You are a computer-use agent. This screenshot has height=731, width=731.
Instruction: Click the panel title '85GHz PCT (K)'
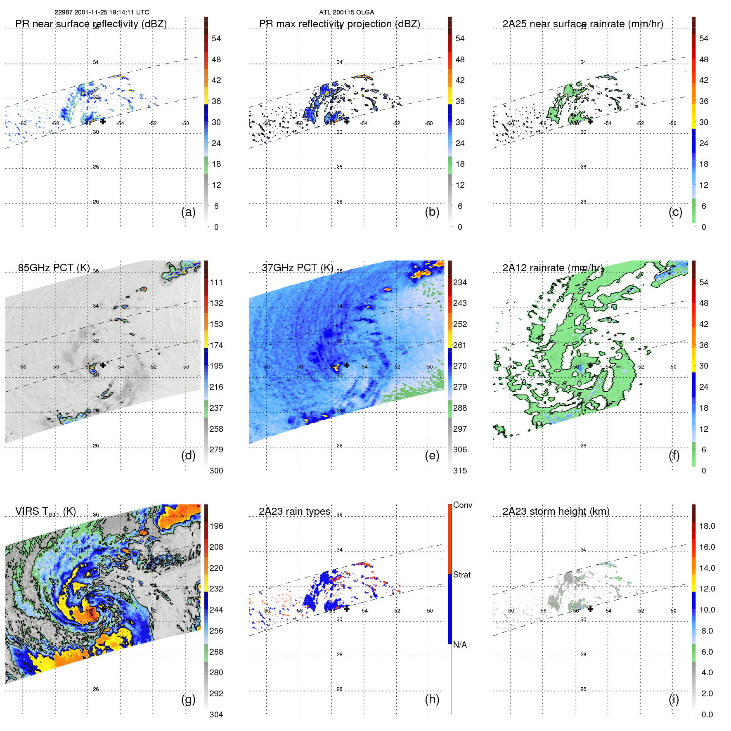[54, 268]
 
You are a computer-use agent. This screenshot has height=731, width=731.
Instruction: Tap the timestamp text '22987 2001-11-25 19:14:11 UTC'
[102, 12]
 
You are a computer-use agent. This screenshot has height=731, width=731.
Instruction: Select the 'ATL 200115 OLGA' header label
[346, 12]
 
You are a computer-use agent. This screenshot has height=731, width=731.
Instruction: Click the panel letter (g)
[188, 699]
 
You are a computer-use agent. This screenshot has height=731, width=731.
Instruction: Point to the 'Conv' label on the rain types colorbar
[462, 505]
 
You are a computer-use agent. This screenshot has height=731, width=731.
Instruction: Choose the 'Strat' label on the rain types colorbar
[461, 575]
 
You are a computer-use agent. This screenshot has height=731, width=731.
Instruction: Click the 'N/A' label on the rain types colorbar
[460, 645]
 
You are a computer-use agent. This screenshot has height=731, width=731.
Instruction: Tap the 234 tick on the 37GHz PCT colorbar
[460, 283]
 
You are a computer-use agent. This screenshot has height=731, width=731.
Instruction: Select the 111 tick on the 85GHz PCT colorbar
[216, 283]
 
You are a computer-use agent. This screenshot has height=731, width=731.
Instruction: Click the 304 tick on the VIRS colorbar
[216, 714]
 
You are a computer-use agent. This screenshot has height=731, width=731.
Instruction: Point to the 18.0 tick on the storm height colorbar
[707, 526]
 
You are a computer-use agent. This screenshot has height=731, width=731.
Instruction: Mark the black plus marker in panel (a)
[103, 121]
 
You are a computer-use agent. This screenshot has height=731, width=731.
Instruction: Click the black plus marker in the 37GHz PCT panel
[347, 365]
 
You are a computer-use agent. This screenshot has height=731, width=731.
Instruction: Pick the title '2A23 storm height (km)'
[556, 511]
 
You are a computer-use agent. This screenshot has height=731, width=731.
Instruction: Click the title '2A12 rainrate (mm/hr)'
[552, 268]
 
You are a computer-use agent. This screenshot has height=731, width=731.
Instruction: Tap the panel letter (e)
[432, 456]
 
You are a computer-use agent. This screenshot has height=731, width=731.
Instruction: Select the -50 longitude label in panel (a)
[185, 123]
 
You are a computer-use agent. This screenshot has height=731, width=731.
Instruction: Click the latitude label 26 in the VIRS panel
[96, 690]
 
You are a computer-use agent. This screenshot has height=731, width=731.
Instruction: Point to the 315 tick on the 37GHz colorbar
[460, 471]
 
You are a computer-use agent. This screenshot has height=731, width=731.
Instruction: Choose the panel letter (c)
[675, 212]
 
